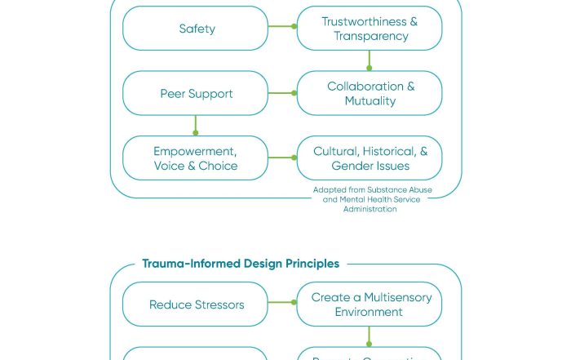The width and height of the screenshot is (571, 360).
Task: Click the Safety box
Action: [196, 29]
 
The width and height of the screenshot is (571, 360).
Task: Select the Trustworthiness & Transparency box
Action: [370, 29]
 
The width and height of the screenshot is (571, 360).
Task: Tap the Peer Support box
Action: [196, 93]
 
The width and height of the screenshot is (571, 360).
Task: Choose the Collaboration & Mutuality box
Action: [370, 93]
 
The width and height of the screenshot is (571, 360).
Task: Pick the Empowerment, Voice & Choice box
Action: [196, 158]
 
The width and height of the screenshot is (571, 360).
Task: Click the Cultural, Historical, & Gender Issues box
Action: [370, 158]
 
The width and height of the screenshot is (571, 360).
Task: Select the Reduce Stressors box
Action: [196, 304]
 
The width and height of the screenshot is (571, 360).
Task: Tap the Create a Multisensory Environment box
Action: [370, 304]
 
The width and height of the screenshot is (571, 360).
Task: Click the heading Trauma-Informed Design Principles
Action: [241, 264]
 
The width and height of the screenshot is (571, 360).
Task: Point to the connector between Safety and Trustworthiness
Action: [282, 26]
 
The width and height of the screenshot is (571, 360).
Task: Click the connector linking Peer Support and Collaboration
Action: [282, 93]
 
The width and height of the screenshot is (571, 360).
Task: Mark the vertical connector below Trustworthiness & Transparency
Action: [370, 60]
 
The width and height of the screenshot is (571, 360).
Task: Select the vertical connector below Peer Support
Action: [196, 125]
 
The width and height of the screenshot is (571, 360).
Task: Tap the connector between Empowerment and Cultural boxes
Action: [282, 158]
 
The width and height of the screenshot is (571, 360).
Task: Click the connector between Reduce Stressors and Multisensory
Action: [282, 303]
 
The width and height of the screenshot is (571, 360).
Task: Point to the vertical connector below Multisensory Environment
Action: [370, 336]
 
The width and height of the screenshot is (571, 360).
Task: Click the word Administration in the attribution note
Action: [370, 209]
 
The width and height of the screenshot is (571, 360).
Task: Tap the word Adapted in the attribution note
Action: [328, 190]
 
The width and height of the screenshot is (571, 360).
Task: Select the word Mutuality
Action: [370, 101]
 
